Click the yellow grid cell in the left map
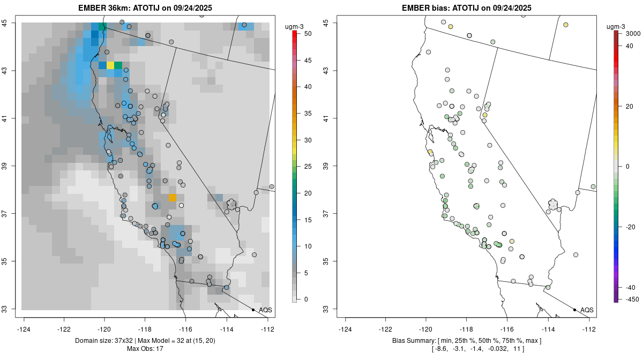pyautogui.click(x=110, y=65)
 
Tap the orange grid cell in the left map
pyautogui.click(x=173, y=198)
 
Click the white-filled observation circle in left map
pyautogui.click(x=182, y=205)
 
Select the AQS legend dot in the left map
pyautogui.click(x=253, y=310)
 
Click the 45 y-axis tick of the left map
pyautogui.click(x=10, y=22)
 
